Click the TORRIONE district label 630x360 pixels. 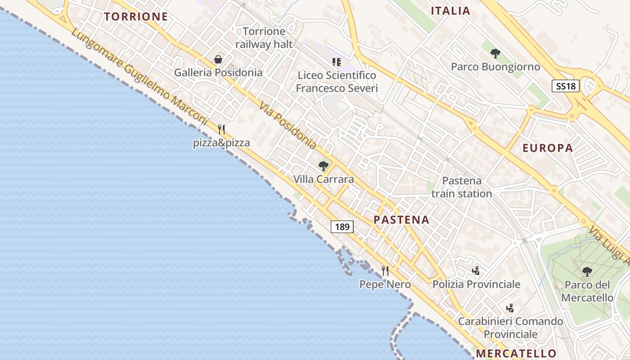coord(136,17)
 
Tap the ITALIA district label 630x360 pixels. coord(450,11)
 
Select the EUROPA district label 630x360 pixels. coord(548,148)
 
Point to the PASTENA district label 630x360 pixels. coord(401,220)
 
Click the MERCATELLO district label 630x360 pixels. coord(516,353)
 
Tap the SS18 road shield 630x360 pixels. coord(566,86)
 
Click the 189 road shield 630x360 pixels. coord(342,227)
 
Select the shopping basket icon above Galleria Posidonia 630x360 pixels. coord(218,59)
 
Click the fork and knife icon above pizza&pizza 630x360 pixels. coord(221,130)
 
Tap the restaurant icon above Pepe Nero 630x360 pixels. coord(385,270)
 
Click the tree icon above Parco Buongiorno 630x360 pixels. coord(495,54)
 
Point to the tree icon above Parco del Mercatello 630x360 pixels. coord(587,272)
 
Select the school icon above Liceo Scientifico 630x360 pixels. coord(337,62)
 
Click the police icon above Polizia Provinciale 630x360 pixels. coord(476,270)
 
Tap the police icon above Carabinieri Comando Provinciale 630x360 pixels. coord(510,308)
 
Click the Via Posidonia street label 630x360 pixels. coord(288,126)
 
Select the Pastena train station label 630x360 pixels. coord(461,187)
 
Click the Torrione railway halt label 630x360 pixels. coord(264,38)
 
